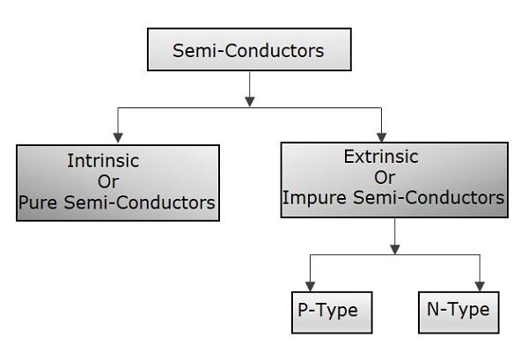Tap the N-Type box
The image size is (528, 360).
pos(453,312)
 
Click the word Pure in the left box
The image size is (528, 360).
pos(39,203)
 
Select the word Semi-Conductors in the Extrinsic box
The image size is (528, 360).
pos(435,198)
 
